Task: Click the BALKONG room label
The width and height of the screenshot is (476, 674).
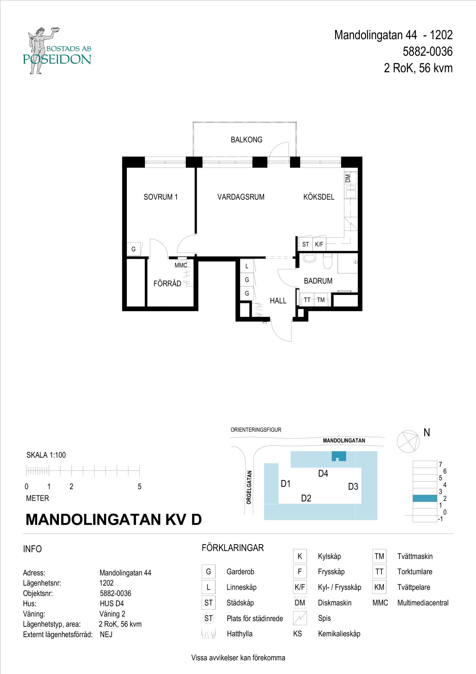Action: [246, 140]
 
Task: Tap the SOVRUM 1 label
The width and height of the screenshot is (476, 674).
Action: [160, 197]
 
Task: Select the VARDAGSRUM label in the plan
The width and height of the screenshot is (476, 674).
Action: [241, 197]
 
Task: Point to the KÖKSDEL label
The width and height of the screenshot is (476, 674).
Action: [319, 197]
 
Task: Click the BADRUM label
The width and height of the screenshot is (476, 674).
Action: [318, 281]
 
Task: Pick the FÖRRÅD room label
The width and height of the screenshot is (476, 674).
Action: [167, 283]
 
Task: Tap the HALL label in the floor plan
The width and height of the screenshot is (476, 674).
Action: [278, 301]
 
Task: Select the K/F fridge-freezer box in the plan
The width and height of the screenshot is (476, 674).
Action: [319, 244]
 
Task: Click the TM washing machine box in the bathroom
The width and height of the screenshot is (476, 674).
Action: [321, 300]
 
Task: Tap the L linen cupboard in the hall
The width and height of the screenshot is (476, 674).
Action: [247, 266]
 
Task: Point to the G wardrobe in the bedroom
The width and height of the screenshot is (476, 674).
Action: [134, 249]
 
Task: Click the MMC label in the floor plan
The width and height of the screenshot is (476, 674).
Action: [181, 266]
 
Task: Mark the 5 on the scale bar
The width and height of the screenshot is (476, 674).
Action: [139, 487]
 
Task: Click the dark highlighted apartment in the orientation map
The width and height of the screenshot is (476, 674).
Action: [339, 456]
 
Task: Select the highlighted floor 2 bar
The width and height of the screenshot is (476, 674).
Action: [425, 498]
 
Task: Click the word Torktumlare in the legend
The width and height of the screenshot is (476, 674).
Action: [415, 572]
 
